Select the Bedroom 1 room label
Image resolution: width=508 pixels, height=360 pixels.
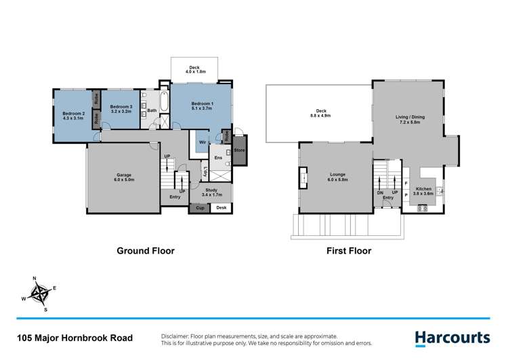point(203,106)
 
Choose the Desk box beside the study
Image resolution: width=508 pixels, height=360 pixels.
point(221,208)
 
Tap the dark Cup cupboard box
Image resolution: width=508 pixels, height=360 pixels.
point(200,208)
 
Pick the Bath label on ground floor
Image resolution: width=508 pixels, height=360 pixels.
point(152,111)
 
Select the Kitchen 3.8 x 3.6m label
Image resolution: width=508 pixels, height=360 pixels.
point(424,192)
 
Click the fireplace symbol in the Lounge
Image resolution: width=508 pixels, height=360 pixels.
point(304,179)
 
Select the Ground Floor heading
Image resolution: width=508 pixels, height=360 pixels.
point(146,250)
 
